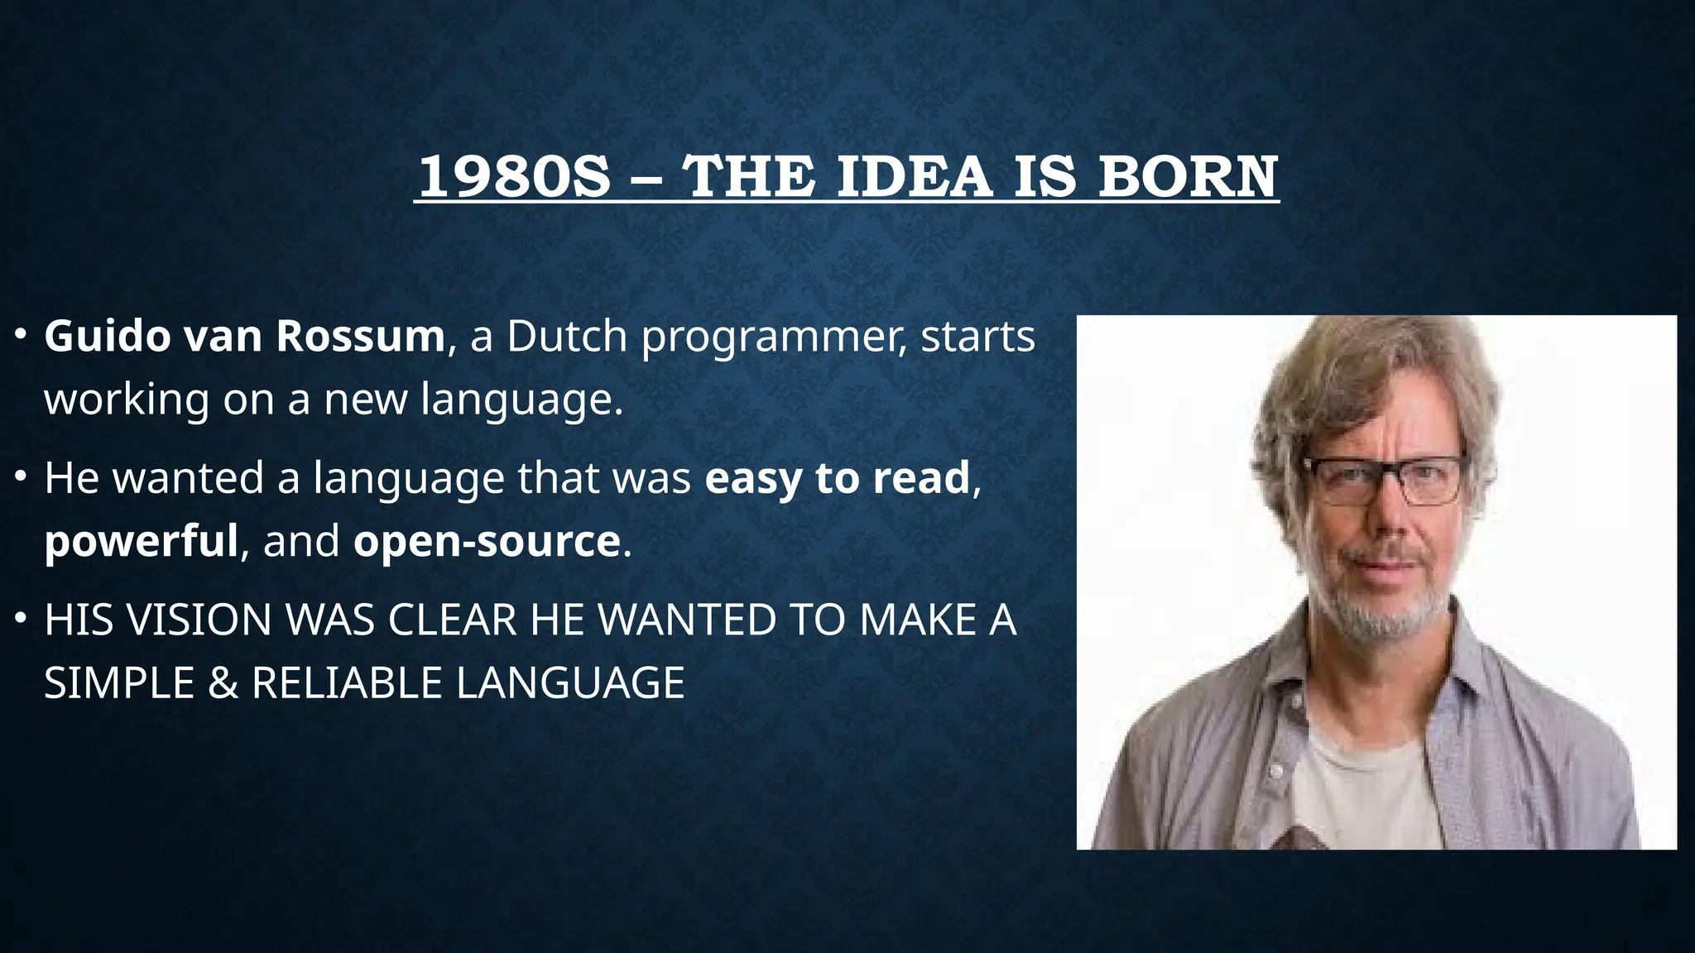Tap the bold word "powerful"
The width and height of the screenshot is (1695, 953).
pyautogui.click(x=141, y=541)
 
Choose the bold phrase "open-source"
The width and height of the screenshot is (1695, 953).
pyautogui.click(x=487, y=541)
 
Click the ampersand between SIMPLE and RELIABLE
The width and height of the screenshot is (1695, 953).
pyautogui.click(x=223, y=683)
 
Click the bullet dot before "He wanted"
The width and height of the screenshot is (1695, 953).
pyautogui.click(x=21, y=477)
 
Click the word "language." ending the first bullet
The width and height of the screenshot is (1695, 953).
pyautogui.click(x=521, y=400)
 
